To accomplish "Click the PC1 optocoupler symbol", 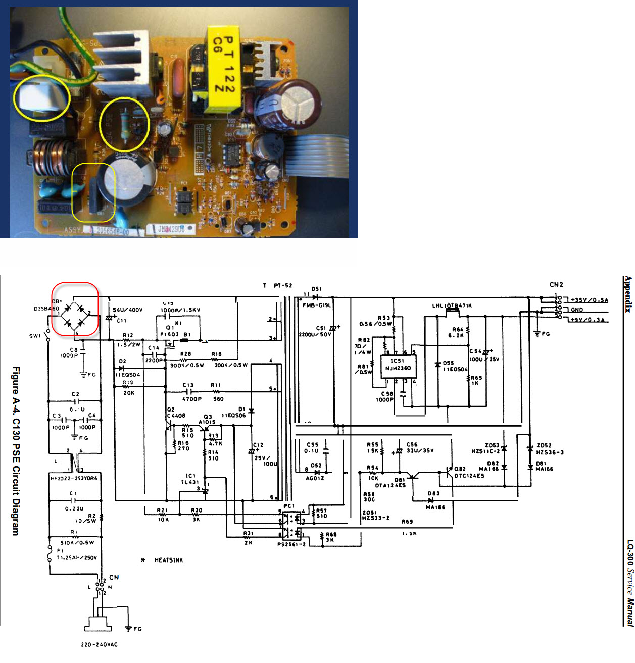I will (x=291, y=526).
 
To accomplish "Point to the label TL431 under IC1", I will (x=190, y=482).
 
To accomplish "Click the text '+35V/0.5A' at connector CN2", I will (x=590, y=300).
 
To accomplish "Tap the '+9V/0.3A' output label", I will (x=589, y=320).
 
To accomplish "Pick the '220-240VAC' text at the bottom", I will (x=99, y=644).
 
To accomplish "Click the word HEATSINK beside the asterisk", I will (x=169, y=560).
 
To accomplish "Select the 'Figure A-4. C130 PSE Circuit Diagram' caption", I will (x=16, y=451).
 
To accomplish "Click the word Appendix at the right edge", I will (x=628, y=294).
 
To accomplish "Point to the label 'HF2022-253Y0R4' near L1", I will (x=74, y=478).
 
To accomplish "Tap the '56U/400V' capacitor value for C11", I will (x=127, y=310).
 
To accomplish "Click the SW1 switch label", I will (x=35, y=336).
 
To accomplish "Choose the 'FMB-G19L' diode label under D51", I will (x=317, y=305).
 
